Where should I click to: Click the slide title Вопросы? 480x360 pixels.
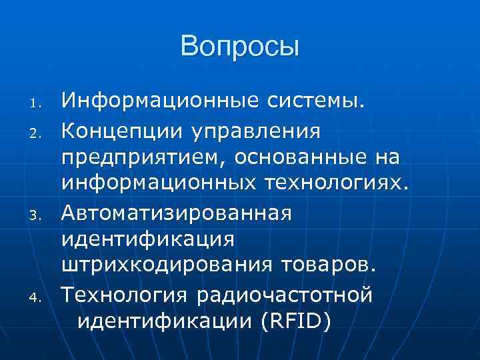pyautogui.click(x=240, y=47)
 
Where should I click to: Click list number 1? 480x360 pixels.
pyautogui.click(x=38, y=105)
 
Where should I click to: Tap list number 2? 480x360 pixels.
pyautogui.click(x=38, y=133)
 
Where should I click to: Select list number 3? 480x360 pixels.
pyautogui.click(x=38, y=214)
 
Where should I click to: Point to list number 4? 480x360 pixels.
pyautogui.click(x=38, y=295)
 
